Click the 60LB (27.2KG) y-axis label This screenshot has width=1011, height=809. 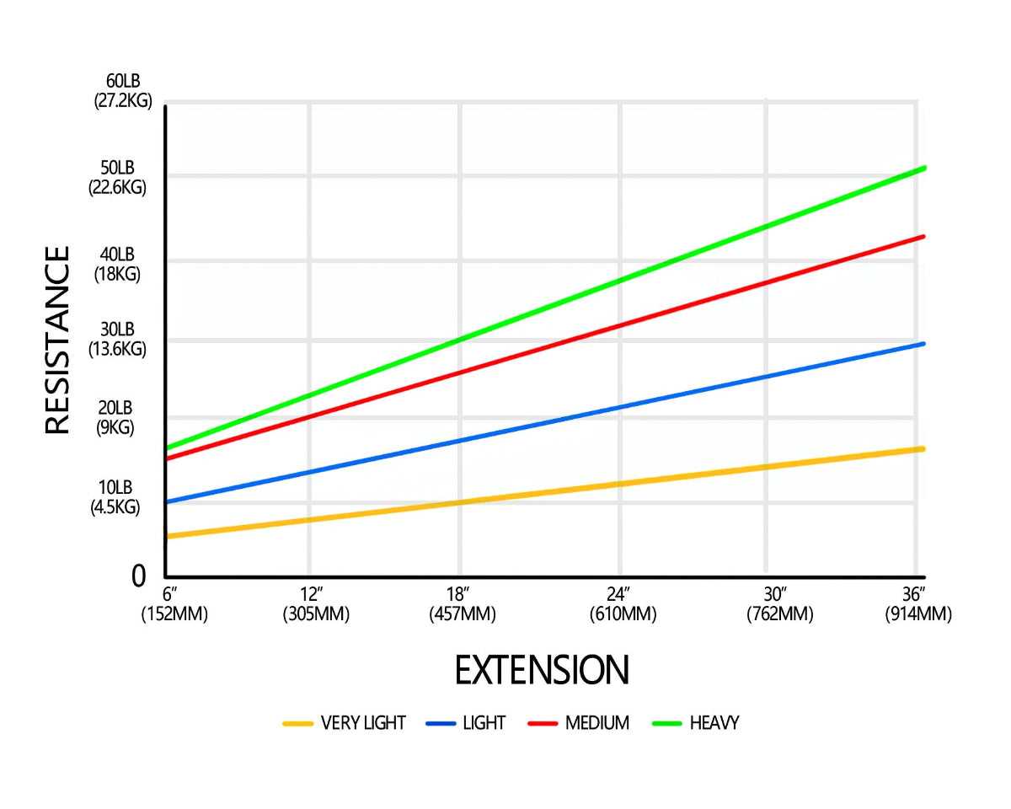point(123,91)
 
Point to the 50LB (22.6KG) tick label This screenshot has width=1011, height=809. point(117,178)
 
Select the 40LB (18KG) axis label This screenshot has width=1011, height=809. point(117,265)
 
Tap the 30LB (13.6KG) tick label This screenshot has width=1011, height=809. point(117,339)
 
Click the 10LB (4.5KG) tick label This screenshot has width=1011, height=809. point(115,497)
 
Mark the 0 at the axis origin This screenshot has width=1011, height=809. point(139,576)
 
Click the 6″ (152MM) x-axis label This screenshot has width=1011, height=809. point(174,604)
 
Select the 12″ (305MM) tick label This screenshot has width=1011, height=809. point(316,604)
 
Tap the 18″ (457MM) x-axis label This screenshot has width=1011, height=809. point(462,604)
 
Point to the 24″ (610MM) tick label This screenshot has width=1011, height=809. point(623,604)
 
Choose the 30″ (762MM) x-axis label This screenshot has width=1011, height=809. point(779,604)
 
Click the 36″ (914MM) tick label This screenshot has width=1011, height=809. point(918,604)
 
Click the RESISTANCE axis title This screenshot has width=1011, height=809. point(57,340)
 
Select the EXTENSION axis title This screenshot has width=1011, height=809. point(542,671)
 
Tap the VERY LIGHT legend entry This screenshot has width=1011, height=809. point(345,723)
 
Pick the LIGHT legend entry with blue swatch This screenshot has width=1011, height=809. point(467,723)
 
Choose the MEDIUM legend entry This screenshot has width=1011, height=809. point(579,723)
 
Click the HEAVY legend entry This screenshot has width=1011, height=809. point(697,723)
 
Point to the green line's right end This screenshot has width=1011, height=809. point(924,169)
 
